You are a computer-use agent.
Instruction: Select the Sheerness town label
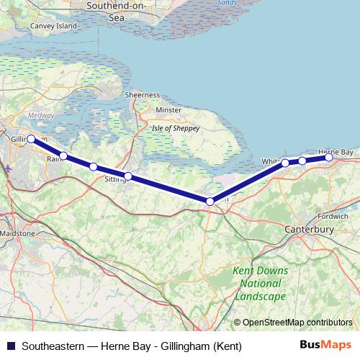pos(142,95)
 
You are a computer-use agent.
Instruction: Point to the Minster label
pos(169,110)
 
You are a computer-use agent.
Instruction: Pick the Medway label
pos(36,115)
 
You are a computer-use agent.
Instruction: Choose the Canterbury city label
pos(309,229)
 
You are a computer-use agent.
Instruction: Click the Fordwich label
pos(335,215)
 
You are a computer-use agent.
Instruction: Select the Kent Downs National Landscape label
pos(261,283)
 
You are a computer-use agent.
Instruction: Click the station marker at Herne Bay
pos(329,157)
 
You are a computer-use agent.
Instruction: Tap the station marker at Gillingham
pos(31,139)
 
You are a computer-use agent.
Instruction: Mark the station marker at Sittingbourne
pos(128,176)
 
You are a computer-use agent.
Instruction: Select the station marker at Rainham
pos(63,156)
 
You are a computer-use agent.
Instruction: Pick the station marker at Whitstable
pos(285,163)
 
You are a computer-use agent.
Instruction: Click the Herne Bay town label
pos(336,153)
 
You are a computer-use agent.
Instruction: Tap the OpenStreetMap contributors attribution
pos(298,322)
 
